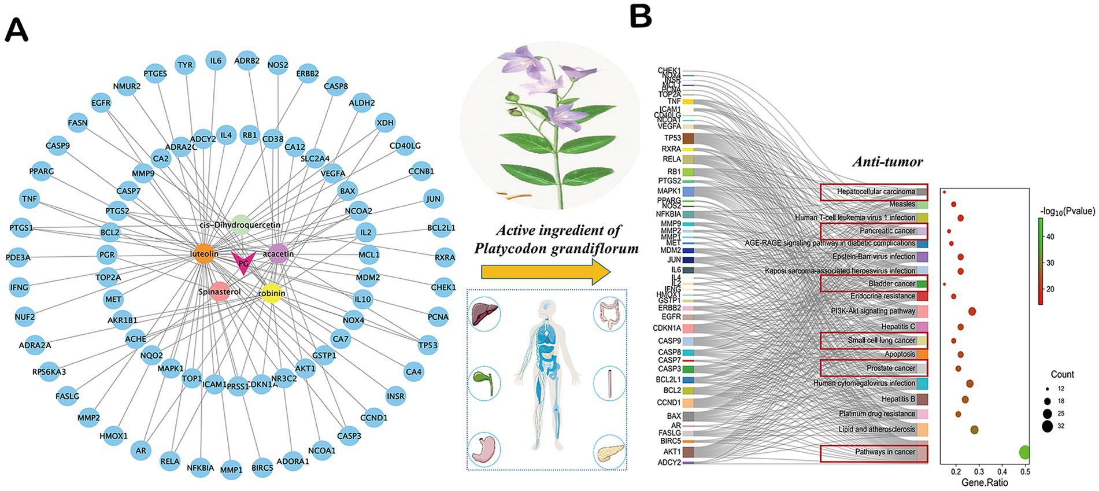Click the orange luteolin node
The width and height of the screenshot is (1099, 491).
(203, 254)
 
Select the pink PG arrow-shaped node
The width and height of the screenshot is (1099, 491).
(243, 263)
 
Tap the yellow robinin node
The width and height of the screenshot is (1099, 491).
(271, 293)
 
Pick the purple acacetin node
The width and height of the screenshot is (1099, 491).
(278, 254)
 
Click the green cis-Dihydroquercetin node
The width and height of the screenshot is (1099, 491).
(240, 225)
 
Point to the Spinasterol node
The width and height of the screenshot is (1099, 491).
(219, 292)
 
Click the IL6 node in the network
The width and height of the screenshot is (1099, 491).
(216, 61)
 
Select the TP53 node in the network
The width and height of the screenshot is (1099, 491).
(428, 345)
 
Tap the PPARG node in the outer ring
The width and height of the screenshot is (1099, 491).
(42, 171)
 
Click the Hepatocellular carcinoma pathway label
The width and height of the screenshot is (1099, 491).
(875, 191)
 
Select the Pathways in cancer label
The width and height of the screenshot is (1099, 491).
(885, 452)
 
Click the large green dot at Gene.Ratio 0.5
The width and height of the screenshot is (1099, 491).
(1024, 452)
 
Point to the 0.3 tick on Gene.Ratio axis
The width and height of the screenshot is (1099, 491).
(979, 472)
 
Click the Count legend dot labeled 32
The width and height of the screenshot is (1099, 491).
(1047, 426)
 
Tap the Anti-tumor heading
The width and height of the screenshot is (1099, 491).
(887, 162)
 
